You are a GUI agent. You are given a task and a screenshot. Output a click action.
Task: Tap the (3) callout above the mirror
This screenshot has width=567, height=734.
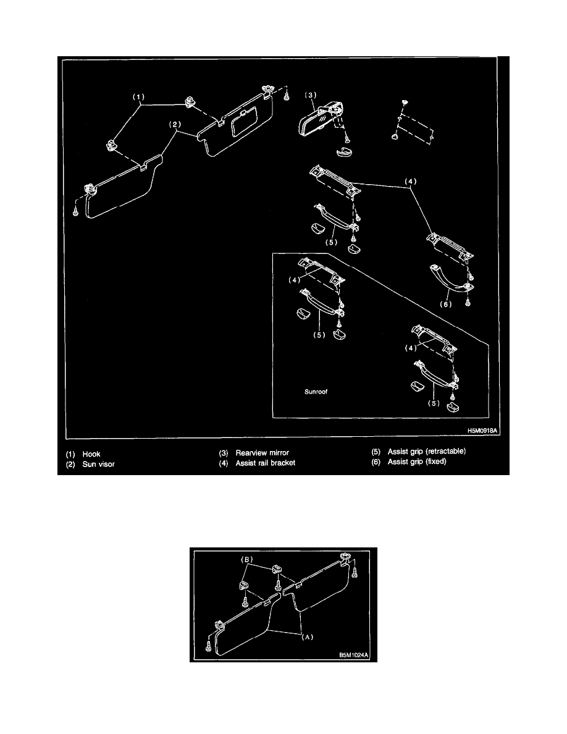pos(311,95)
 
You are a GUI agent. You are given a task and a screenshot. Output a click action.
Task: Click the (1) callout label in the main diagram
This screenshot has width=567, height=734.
pos(138,97)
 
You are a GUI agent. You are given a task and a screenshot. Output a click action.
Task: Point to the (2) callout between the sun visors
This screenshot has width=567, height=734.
pos(175,125)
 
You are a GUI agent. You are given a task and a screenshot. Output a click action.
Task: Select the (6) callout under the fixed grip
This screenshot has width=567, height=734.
pos(445,304)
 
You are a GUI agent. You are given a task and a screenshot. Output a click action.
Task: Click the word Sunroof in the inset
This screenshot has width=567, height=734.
pos(316,392)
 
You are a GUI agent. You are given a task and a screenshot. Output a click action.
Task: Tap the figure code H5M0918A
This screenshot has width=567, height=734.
pos(482,431)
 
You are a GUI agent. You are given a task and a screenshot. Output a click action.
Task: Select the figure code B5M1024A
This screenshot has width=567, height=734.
pos(354,655)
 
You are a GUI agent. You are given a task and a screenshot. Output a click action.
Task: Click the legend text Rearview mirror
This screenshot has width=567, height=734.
pos(262,453)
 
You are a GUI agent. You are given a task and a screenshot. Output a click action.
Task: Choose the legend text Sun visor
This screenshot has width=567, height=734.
pos(98,464)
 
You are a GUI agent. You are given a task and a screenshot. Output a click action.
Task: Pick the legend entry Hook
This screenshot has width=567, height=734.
pos(91,453)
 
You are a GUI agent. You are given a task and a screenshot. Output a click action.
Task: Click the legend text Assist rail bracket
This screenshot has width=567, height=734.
pos(265,463)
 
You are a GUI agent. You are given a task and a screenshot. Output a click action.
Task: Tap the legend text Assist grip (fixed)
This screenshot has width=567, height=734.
pos(417,462)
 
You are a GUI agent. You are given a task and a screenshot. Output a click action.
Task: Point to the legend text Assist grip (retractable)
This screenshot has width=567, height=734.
pos(427,451)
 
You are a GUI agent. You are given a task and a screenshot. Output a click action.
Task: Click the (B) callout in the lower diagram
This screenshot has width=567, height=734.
pos(246,559)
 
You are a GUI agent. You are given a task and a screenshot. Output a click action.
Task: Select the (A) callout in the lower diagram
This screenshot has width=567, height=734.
pos(308,637)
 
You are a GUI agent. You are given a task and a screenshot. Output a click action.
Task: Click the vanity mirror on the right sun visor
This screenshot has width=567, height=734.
pos(244,123)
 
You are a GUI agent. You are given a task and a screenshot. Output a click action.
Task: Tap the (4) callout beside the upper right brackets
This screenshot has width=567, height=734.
pos(410,181)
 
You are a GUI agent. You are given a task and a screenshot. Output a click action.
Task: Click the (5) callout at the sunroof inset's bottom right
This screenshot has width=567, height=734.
pos(434,403)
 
